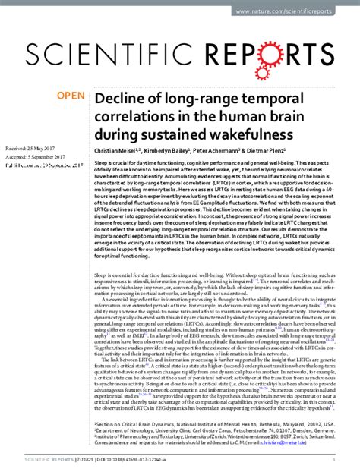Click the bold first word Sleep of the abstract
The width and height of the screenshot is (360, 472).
pyautogui.click(x=100, y=164)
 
